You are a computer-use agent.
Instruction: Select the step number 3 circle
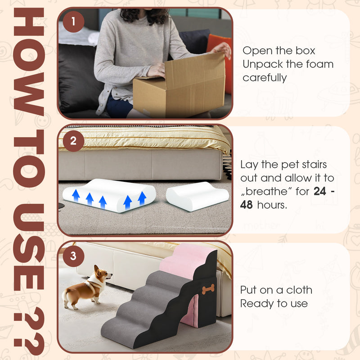(x=74, y=257)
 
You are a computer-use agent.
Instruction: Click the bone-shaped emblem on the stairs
(x=208, y=289)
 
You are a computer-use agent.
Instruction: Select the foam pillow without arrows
(x=197, y=196)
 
